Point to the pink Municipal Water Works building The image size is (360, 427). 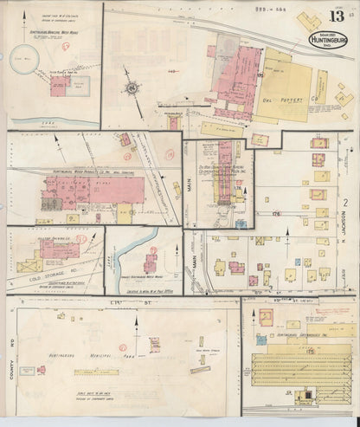click(60, 85)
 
